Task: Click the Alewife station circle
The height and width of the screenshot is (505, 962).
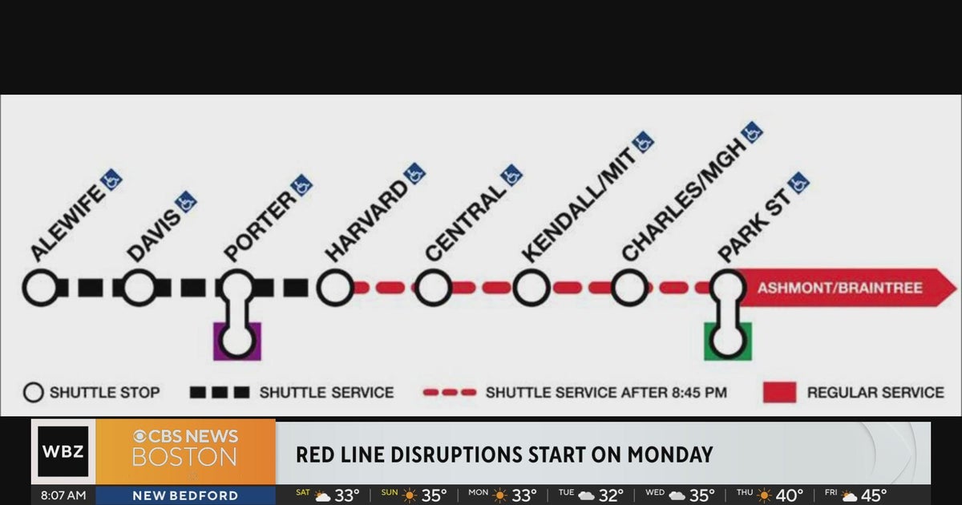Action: point(41,288)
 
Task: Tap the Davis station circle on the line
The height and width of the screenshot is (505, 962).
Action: point(139,288)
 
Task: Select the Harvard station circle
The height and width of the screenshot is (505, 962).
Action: point(335,288)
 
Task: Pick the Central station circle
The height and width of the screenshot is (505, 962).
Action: point(434,288)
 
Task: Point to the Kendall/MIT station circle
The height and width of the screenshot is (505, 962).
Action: point(532,288)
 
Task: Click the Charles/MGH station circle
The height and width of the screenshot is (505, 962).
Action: point(630,288)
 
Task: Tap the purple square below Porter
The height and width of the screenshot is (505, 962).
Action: point(237,341)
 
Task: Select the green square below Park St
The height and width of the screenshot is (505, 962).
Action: point(728,341)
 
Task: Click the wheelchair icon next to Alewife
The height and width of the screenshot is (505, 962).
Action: point(111,178)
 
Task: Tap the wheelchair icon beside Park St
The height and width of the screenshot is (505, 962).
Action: point(798,184)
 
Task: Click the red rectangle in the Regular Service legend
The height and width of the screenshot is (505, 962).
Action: point(778,392)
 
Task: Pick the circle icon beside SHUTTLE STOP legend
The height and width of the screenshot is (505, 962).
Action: point(34,393)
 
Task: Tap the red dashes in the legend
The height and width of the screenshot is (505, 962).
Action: point(449,393)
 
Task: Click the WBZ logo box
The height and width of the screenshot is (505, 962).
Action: point(63,451)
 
